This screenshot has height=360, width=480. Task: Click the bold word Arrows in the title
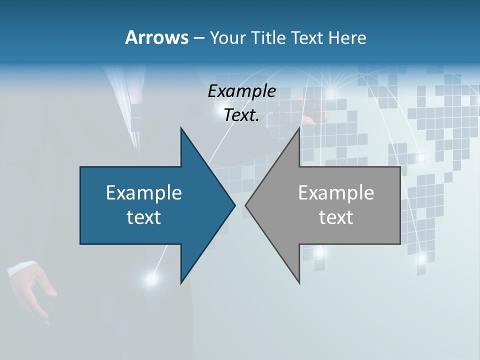point(156,37)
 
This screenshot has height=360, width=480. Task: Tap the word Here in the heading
point(347,37)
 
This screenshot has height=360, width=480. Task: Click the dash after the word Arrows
point(198,38)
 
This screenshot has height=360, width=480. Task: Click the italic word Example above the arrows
point(241,91)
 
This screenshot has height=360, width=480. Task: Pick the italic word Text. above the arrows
point(241,115)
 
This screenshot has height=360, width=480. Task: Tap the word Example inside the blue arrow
point(144,193)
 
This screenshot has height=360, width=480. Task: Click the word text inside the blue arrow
point(144,217)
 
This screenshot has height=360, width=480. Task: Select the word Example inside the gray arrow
point(336,193)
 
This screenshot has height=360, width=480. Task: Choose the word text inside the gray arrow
point(336,217)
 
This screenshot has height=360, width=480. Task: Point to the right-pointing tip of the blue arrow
point(234,205)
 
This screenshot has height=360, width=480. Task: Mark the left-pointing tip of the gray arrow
point(246,205)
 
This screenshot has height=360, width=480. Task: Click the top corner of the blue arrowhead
point(181,128)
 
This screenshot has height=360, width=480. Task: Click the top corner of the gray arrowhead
point(299,128)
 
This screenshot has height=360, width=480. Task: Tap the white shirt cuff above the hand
point(21,268)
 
